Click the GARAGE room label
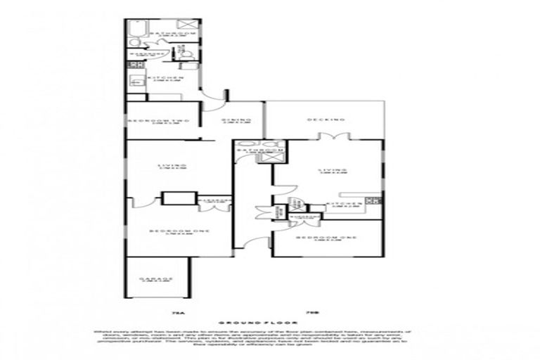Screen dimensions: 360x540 coord(156,279)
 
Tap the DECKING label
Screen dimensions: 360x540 coord(323,119)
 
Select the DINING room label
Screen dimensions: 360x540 coord(236,120)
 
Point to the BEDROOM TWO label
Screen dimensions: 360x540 coord(160,121)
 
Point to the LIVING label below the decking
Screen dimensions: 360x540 coord(332,169)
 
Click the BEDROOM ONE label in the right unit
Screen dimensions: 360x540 coord(328,238)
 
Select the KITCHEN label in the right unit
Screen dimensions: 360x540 coord(344,204)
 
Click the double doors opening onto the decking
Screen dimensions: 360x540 coord(338,136)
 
